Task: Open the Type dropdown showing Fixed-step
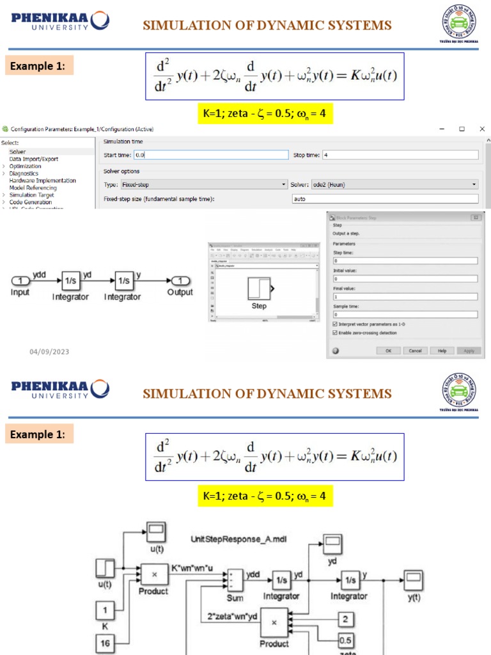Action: [195, 184]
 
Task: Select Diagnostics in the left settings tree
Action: [24, 173]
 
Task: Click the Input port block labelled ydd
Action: [21, 280]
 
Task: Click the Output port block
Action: [181, 280]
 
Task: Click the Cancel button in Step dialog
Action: [415, 351]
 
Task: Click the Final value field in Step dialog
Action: [405, 297]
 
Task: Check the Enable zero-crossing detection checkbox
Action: [336, 333]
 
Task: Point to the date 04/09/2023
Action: [49, 352]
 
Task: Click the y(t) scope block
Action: [414, 581]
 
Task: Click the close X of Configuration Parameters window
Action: [484, 129]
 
